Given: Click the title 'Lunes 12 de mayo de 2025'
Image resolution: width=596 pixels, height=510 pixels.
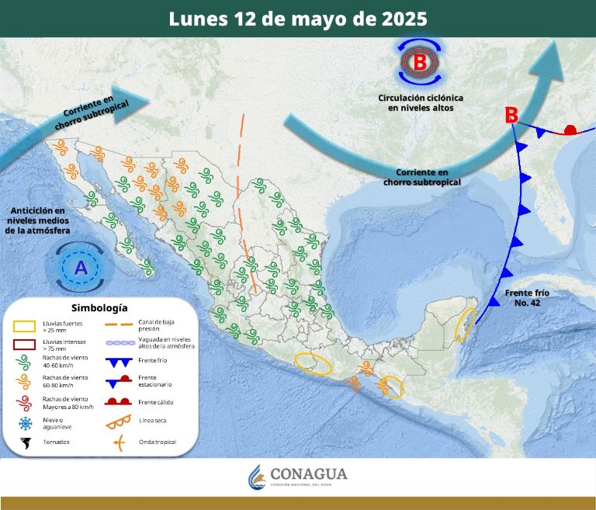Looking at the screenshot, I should pos(297,19).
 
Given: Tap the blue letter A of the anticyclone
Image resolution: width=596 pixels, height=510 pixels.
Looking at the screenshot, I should pos(81,269).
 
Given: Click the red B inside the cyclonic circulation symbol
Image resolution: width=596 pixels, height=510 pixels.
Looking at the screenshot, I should pos(420,61).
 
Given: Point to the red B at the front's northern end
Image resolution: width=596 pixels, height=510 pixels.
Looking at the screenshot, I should pos(511,115).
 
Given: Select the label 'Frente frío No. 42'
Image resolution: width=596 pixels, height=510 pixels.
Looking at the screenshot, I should pos(526,297).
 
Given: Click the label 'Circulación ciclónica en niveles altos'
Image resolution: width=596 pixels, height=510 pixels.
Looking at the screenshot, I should pos(421,103).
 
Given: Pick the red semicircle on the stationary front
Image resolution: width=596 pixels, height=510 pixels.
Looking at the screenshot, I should pos(570,130).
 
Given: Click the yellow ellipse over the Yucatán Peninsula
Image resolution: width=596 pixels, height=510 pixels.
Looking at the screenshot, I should pos(464,324).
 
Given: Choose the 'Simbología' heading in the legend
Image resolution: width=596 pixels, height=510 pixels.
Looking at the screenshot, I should pos(99,307).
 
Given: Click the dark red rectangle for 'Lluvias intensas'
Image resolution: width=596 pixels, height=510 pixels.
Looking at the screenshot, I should pos(25,344).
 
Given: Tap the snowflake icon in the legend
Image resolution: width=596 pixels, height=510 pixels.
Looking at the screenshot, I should pos(26,423).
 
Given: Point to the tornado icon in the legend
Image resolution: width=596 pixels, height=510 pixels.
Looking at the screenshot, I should pos(26,443).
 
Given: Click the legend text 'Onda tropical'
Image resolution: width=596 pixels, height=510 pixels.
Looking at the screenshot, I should pos(158,442).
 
